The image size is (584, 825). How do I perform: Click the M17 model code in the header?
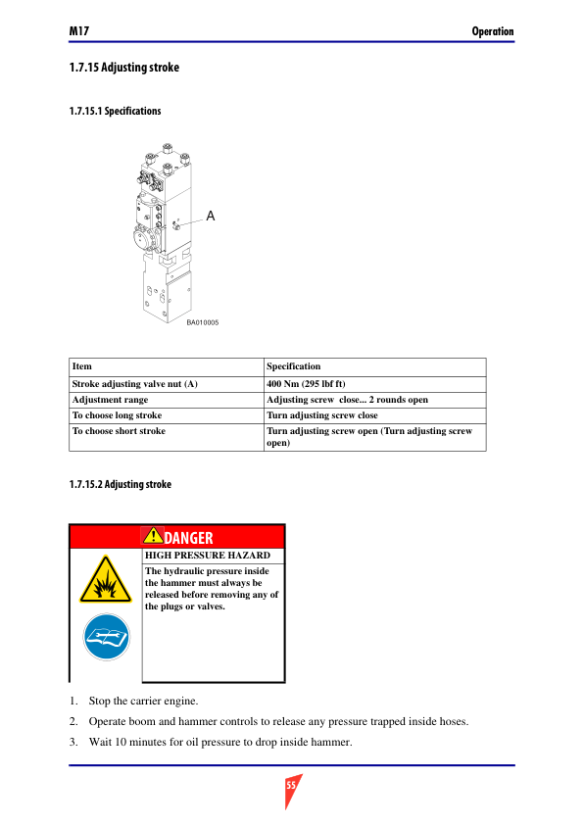click(79, 31)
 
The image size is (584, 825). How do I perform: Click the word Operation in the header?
click(493, 31)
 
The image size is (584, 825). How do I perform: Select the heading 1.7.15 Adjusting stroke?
click(124, 68)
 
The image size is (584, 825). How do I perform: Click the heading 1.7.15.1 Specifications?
click(115, 111)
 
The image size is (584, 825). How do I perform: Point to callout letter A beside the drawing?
click(211, 216)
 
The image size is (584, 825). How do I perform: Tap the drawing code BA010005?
click(203, 322)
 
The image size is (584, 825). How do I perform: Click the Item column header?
click(82, 366)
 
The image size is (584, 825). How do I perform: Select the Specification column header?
click(293, 366)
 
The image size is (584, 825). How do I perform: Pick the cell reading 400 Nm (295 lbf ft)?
click(306, 383)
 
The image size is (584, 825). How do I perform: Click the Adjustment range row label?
click(110, 400)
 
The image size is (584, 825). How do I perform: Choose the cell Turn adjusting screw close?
click(322, 415)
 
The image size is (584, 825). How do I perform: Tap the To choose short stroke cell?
click(119, 431)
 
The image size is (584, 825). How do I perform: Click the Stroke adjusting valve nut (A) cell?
click(134, 383)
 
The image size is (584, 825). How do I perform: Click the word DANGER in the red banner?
click(188, 538)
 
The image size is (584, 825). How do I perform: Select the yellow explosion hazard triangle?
click(106, 581)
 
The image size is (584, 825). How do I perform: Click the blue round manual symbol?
click(106, 637)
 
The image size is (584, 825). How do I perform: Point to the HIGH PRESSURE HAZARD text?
click(208, 556)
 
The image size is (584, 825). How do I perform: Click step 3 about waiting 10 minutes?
click(211, 743)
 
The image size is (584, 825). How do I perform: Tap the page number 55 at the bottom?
click(291, 785)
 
